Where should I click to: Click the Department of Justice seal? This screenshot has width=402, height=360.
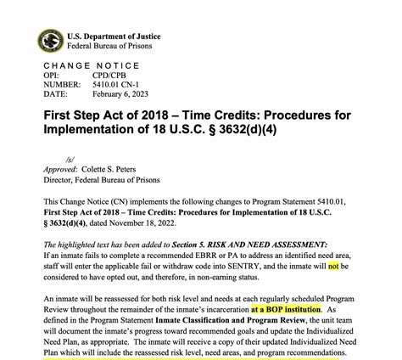coord(49,40)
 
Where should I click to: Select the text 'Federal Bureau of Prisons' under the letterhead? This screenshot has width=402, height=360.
coord(111,45)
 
